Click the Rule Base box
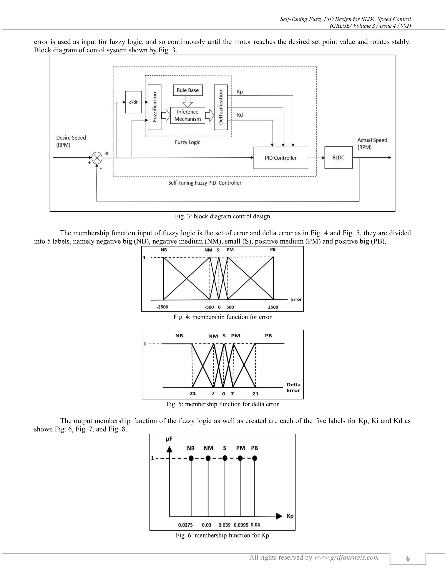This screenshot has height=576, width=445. (188, 90)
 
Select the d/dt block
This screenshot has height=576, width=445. (133, 102)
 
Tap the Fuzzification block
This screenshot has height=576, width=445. (154, 107)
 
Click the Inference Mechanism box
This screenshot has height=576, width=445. (188, 115)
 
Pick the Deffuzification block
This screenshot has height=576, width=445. (221, 107)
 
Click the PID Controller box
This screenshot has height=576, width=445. (281, 158)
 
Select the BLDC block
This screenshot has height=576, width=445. (338, 157)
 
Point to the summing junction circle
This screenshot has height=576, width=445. (97, 158)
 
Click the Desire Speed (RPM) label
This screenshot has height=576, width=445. (71, 141)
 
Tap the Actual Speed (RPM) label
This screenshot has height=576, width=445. (372, 143)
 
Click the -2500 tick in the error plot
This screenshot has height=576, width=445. (162, 307)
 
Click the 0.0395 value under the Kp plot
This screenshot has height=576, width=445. (241, 525)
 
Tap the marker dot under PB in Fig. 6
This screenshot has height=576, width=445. (254, 458)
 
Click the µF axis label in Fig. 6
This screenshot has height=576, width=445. (169, 439)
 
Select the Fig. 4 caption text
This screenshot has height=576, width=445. (222, 317)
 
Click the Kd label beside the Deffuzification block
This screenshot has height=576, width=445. (240, 115)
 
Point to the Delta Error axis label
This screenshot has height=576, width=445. (293, 387)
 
